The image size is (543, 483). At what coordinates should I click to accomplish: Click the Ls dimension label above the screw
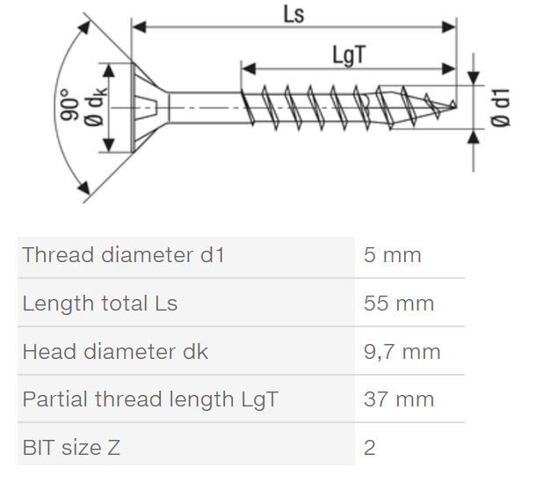pos(294,15)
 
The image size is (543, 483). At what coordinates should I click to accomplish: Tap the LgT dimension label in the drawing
pos(348,55)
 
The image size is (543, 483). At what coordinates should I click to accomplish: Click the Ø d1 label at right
pos(501,108)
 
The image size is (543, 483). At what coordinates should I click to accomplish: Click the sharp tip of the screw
pos(455,106)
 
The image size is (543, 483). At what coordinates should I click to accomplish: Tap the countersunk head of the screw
pos(149,107)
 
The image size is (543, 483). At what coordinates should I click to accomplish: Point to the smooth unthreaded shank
pos(205,107)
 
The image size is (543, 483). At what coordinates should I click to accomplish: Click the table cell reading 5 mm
pos(393,255)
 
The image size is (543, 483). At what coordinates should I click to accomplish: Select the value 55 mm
pos(399,304)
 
